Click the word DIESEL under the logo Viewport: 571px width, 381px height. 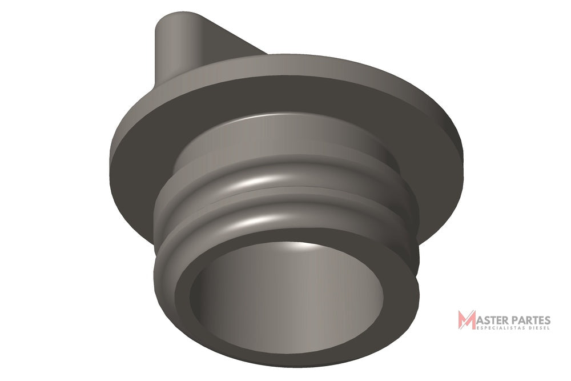click(x=540, y=328)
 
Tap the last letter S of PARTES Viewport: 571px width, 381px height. click(x=548, y=320)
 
